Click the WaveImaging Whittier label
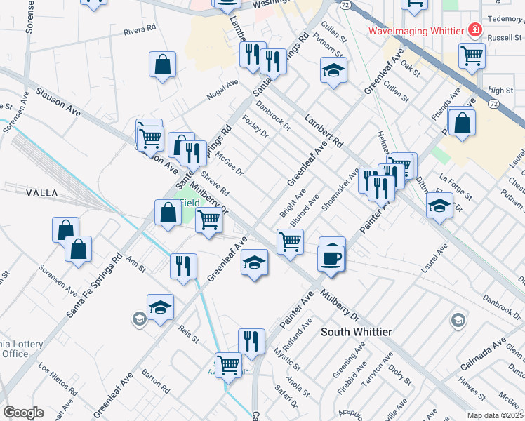tap(417, 31)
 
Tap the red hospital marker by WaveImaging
tap(475, 30)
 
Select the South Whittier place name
tap(356, 331)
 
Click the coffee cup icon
tap(331, 258)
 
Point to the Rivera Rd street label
tap(138, 30)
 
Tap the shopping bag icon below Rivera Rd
tap(163, 65)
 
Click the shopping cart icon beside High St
tap(472, 56)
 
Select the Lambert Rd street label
tap(324, 131)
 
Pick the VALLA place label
tap(41, 192)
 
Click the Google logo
tap(24, 413)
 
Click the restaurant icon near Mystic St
tap(251, 341)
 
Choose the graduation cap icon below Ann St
tap(160, 307)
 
